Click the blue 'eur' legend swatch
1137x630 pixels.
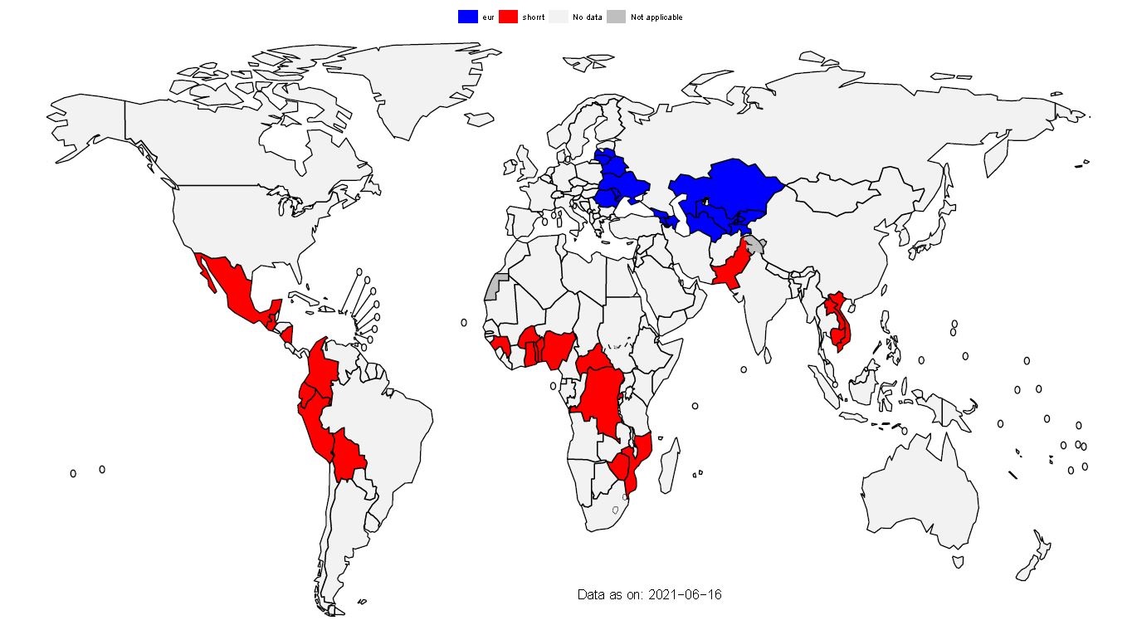point(468,17)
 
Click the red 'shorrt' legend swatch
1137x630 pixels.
point(509,17)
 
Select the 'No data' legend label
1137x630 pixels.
point(588,17)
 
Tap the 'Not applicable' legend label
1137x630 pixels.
point(656,17)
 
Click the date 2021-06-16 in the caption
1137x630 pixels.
point(685,595)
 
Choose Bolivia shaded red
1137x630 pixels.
point(349,454)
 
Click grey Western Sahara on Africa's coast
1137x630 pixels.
point(495,287)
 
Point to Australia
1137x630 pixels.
point(921,490)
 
